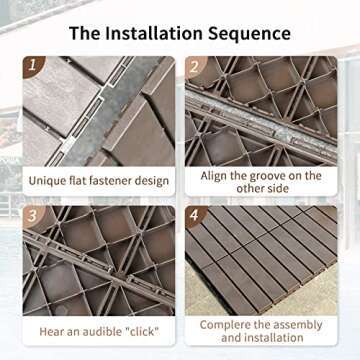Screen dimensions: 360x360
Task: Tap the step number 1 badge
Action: tap(35, 67)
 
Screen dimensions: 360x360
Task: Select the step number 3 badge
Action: tap(35, 216)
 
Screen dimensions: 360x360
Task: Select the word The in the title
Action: tap(86, 33)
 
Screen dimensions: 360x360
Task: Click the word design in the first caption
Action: tap(150, 181)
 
